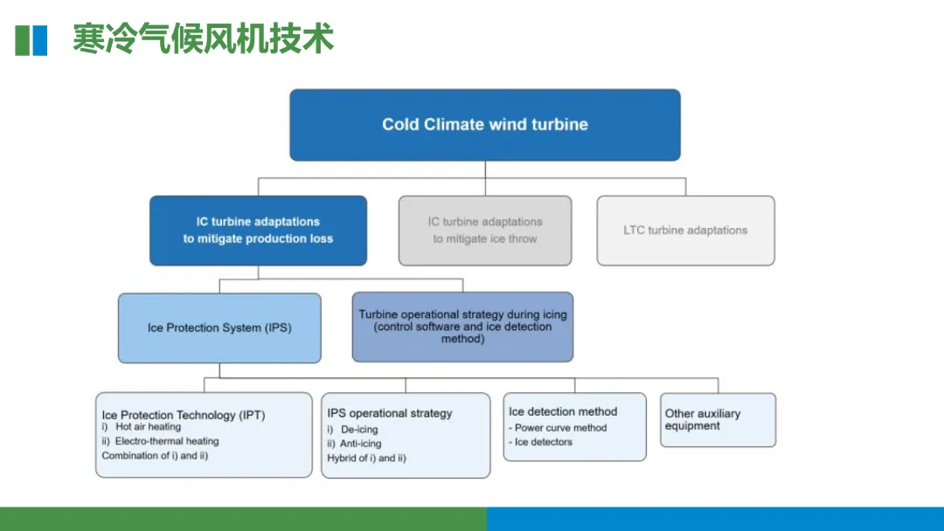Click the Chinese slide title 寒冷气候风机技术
coord(203,40)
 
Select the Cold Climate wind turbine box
coord(485,125)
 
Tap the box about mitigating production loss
coord(258,231)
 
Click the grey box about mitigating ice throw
coord(485,231)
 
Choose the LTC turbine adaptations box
coord(685,231)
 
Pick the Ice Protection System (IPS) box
coord(219,328)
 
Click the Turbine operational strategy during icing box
coord(462,327)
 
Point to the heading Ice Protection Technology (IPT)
coord(184,415)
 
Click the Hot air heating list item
coord(148,427)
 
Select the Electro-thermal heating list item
coord(166,441)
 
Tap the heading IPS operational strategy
coord(390,413)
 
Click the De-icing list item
coord(358,430)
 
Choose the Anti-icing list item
coord(360,444)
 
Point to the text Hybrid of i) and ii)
coord(366,458)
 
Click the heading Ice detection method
coord(563,411)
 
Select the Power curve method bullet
coord(560,428)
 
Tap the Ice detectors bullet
coord(543,442)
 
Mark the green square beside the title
coord(23,40)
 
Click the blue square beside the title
coord(40,40)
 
